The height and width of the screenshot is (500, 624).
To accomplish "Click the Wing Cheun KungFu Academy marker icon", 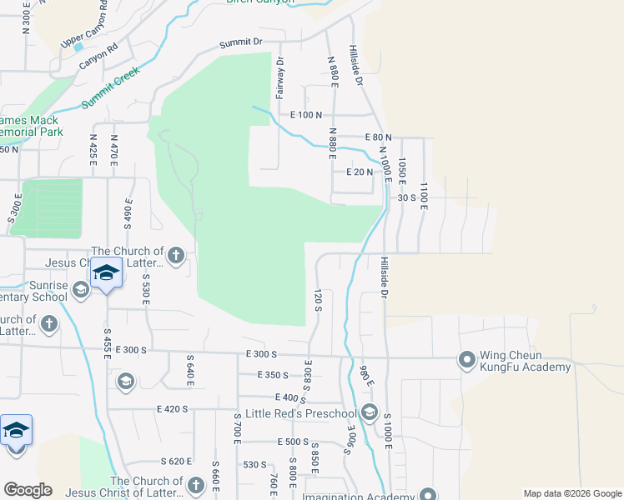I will coord(466,360).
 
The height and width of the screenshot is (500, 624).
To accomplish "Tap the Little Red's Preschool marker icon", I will coord(370,413).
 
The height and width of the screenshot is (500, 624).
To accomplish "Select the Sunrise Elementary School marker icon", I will coord(81,289).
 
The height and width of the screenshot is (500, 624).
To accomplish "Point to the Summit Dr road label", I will coord(241,42).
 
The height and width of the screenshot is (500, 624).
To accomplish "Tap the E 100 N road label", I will coord(306,114).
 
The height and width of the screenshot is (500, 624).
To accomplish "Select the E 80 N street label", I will coord(377,137).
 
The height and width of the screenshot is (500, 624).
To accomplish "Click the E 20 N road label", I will coord(359,172).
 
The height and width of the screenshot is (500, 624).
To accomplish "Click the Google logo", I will coord(27,489).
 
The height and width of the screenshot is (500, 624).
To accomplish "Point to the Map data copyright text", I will coord(571,493).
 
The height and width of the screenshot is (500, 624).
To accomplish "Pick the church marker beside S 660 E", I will coord(195,484).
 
